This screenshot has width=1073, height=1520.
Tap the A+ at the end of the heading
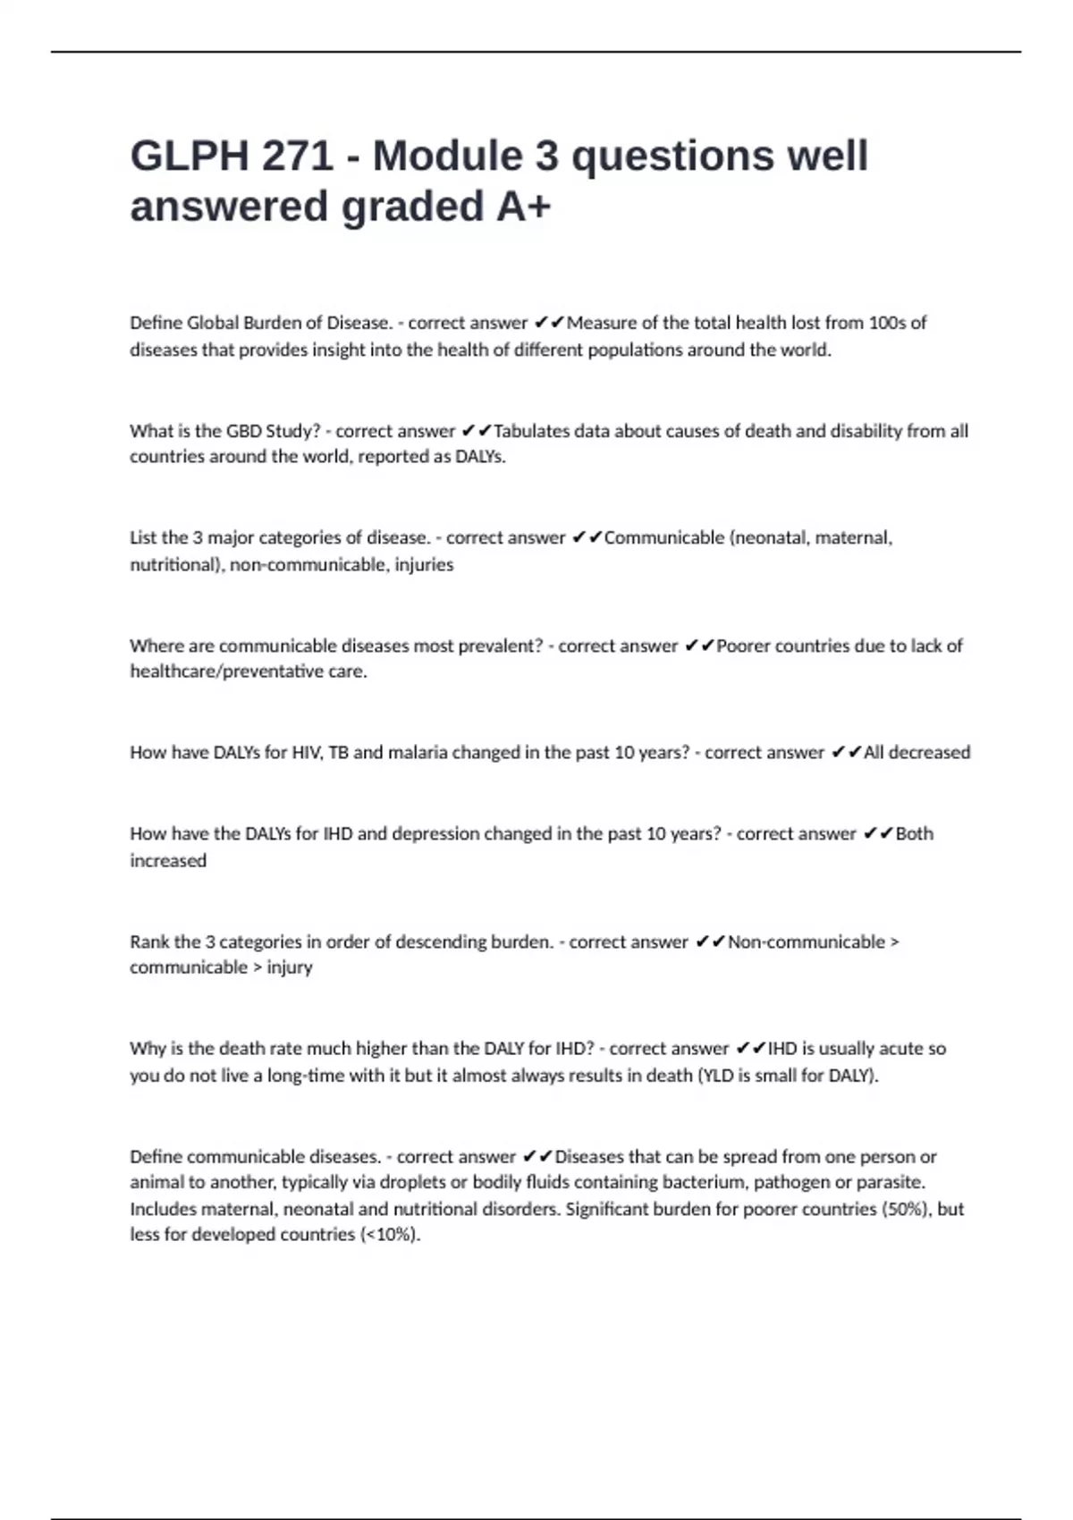[x=523, y=207]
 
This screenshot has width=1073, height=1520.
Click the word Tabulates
[x=531, y=431]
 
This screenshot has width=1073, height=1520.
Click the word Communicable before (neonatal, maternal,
[x=663, y=538]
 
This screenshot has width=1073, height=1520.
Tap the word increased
[x=168, y=861]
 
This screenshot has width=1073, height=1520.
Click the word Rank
[x=149, y=942]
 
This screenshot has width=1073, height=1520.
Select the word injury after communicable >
[x=290, y=967]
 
